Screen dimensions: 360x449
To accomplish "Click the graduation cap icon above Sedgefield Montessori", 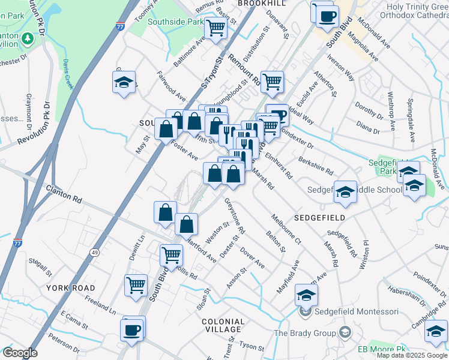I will (x=306, y=295).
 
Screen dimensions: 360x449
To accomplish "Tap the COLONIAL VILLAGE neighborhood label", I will (x=223, y=327).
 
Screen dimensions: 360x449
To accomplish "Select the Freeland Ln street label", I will (x=100, y=304).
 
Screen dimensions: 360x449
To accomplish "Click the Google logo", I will (x=20, y=353).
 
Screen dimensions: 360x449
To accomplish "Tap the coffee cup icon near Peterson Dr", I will (x=132, y=330).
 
